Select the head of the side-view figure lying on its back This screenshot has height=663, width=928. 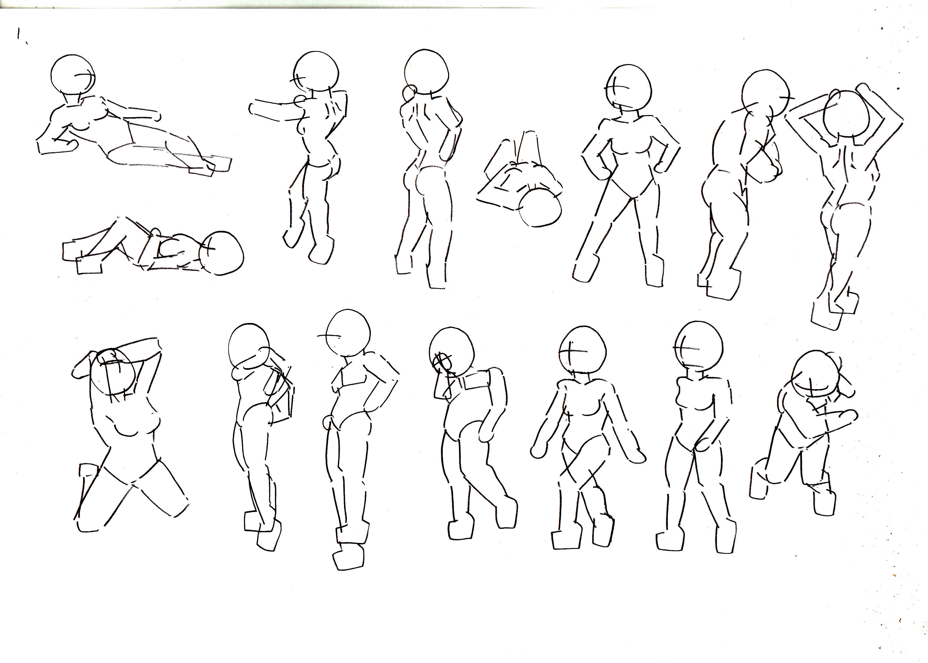point(221,253)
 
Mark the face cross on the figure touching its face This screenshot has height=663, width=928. point(442,361)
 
